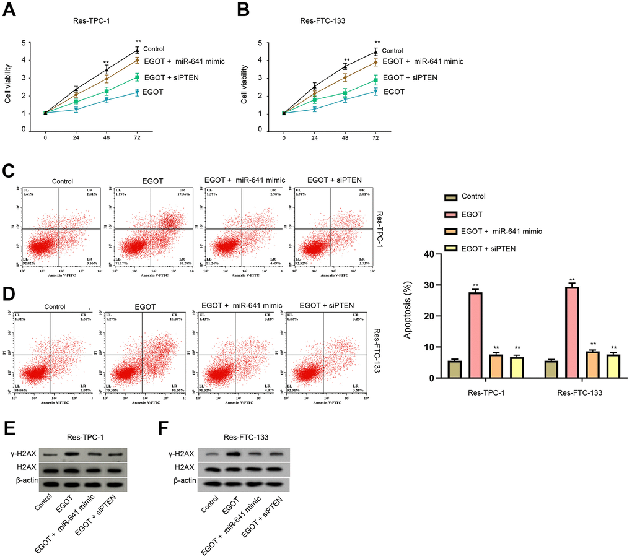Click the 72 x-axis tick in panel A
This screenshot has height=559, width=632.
click(x=137, y=137)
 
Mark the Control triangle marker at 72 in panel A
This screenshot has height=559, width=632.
click(x=137, y=51)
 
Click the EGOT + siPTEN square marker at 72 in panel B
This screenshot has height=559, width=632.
click(x=375, y=80)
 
